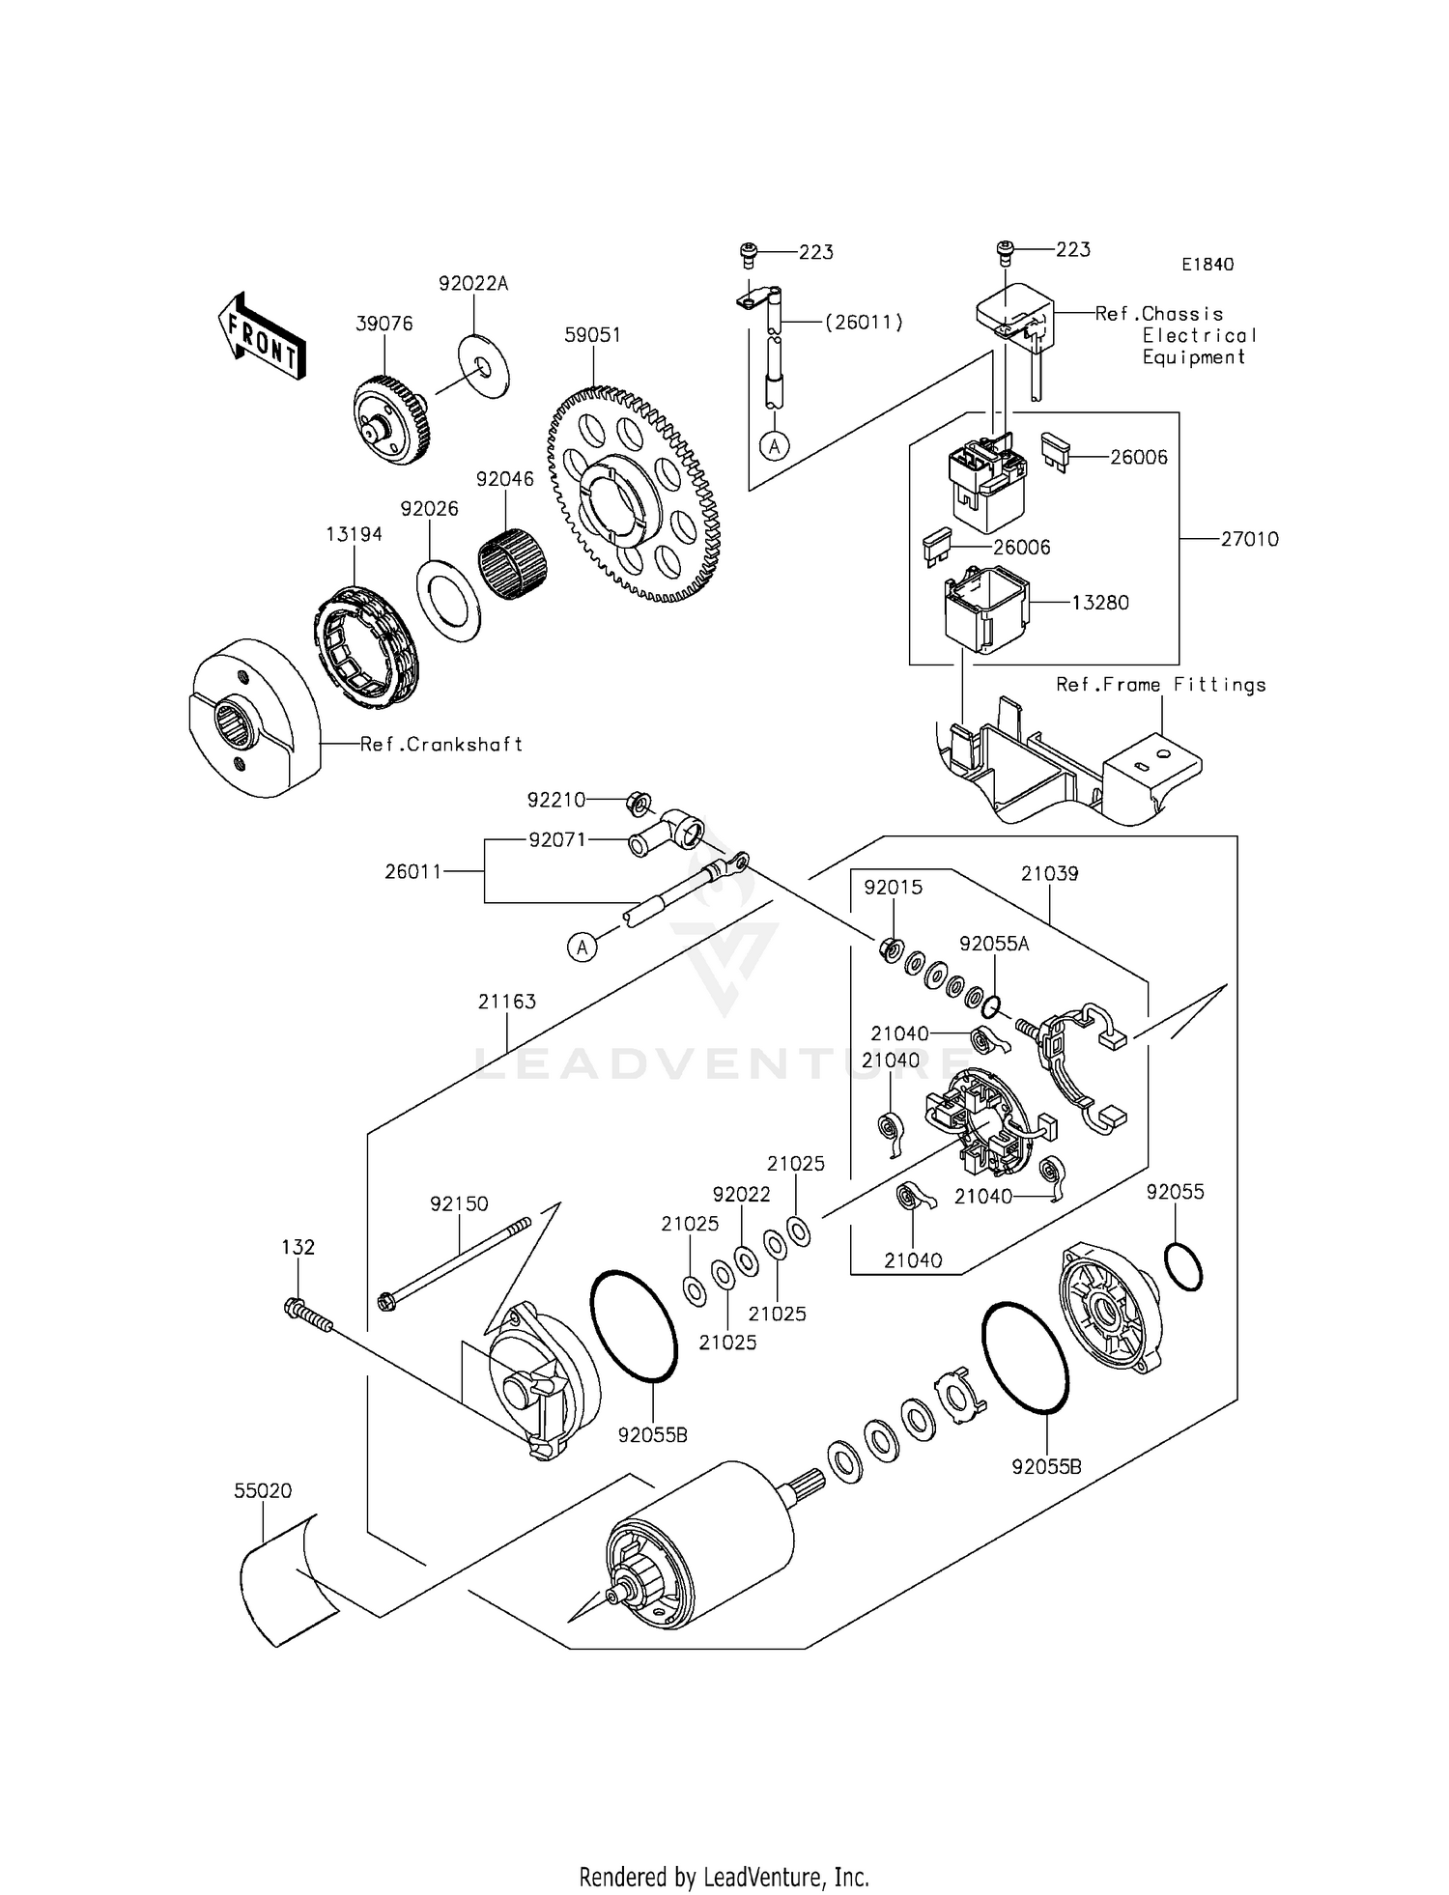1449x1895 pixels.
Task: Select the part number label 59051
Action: pyautogui.click(x=592, y=335)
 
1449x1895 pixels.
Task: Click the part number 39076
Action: pyautogui.click(x=384, y=324)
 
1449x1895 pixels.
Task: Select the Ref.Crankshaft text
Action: pyautogui.click(x=441, y=745)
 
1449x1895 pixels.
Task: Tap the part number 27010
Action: pyautogui.click(x=1249, y=539)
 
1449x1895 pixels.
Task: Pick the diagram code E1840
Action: pyautogui.click(x=1207, y=265)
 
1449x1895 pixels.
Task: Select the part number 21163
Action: pyautogui.click(x=506, y=1002)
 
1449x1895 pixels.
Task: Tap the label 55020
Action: pyautogui.click(x=263, y=1490)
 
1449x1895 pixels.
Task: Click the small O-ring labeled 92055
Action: pyautogui.click(x=1183, y=1267)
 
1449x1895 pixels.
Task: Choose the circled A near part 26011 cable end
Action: pyautogui.click(x=582, y=947)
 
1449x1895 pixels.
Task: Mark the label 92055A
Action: pyautogui.click(x=994, y=944)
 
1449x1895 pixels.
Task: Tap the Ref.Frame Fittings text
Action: pyautogui.click(x=1160, y=685)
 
